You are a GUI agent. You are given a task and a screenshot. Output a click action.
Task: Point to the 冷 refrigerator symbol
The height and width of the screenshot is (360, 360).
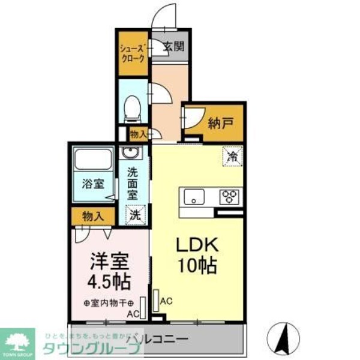(x=232, y=156)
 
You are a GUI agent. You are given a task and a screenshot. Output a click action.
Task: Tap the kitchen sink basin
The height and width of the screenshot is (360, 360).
(x=195, y=196)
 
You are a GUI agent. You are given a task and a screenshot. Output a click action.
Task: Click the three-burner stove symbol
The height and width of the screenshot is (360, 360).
(x=229, y=196)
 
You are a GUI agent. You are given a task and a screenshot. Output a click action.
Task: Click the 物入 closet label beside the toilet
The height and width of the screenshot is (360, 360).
(x=138, y=134)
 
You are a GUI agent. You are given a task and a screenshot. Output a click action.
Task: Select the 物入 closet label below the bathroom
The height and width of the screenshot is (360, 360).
(x=93, y=215)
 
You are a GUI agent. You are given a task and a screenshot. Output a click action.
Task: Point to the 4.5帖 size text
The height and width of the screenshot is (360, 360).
(x=110, y=281)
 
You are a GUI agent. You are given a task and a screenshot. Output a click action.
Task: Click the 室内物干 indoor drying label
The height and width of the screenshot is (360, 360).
(x=112, y=303)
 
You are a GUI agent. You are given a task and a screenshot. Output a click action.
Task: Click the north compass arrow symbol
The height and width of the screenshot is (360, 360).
(x=286, y=338)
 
